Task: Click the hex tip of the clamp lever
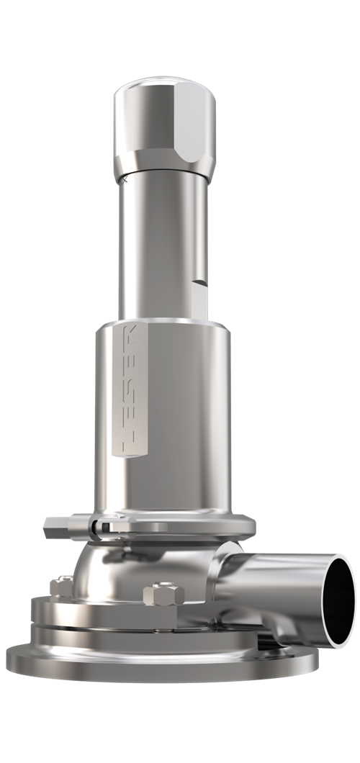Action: (x=49, y=527)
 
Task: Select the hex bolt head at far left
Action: (x=60, y=586)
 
